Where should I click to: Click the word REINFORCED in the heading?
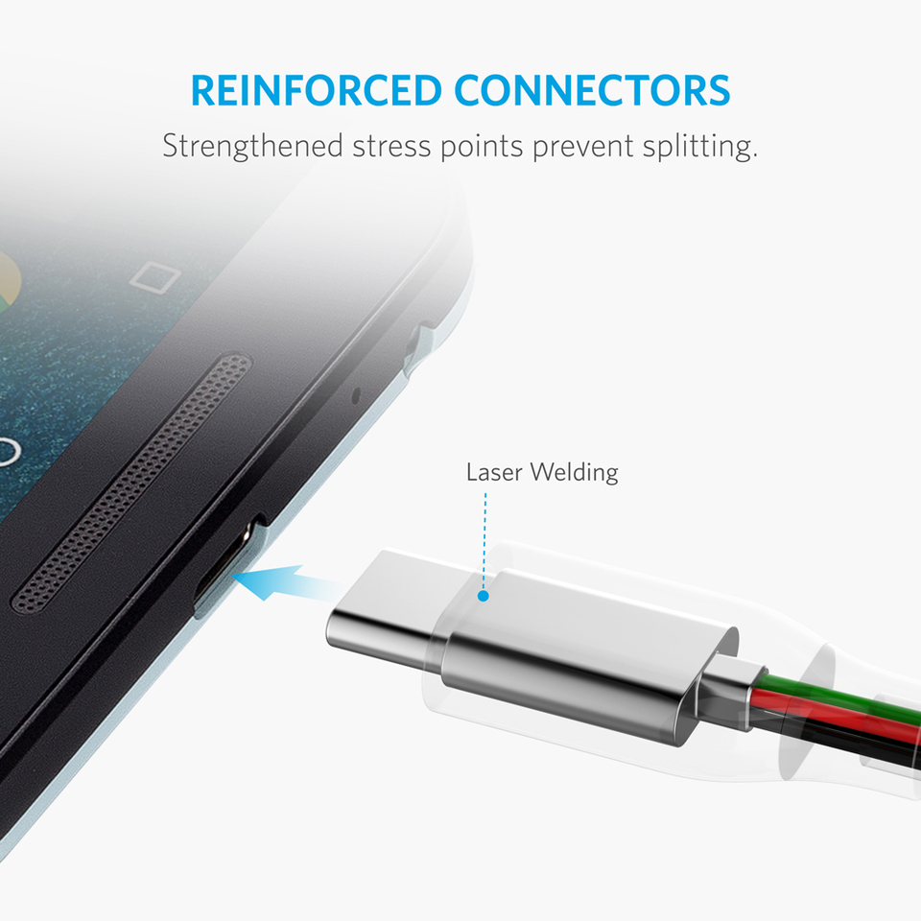[316, 90]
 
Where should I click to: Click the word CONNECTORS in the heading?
[592, 90]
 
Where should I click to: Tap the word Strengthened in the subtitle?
[252, 146]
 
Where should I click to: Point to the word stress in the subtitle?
[391, 147]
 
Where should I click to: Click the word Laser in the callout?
[494, 472]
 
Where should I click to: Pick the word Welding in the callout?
[574, 472]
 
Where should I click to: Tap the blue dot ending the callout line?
[484, 596]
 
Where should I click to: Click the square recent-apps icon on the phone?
[154, 277]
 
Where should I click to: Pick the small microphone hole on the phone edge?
[355, 396]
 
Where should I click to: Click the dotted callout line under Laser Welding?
[484, 541]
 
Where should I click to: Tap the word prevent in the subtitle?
[582, 147]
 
